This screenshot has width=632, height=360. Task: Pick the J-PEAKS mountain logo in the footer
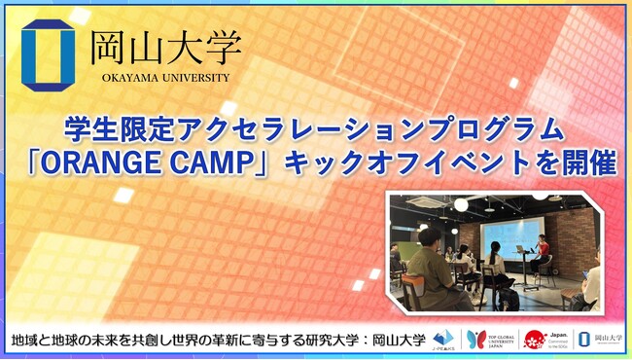click(x=443, y=339)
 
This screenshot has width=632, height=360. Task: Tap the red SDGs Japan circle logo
click(x=533, y=339)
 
